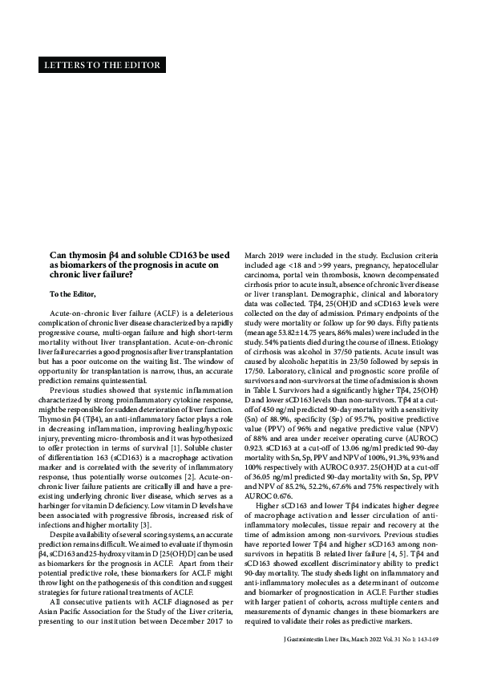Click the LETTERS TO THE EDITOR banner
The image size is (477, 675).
(101, 65)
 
